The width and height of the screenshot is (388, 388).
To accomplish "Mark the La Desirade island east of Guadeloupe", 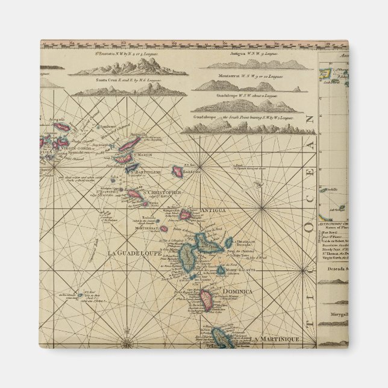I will point(228,243).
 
